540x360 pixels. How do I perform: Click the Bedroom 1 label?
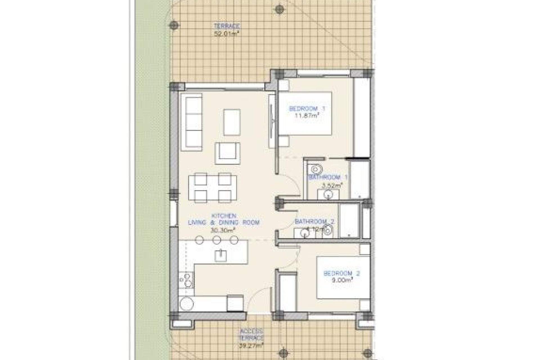point(307,109)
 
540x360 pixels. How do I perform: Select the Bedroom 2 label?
point(342,273)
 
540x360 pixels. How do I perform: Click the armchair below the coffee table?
point(228,153)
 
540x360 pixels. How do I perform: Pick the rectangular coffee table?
point(232,122)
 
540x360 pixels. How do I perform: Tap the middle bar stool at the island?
point(217,240)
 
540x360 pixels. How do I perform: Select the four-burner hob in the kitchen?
point(186,280)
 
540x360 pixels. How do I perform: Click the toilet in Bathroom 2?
point(328,230)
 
